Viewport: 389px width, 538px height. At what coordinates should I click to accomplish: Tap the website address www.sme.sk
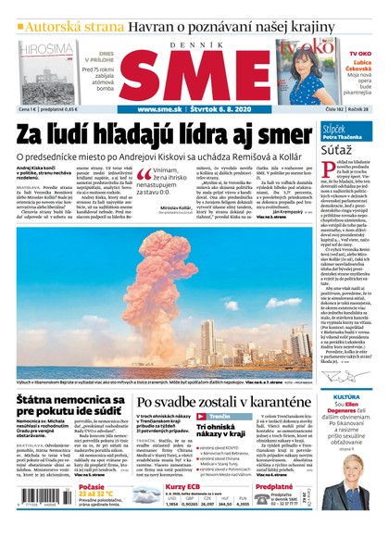pyautogui.click(x=164, y=109)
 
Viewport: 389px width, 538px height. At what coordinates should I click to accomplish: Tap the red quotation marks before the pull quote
pyautogui.click(x=144, y=174)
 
